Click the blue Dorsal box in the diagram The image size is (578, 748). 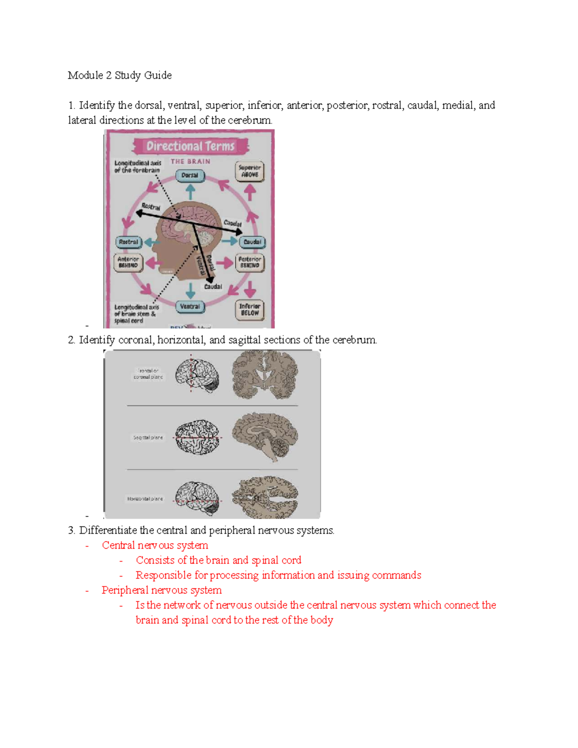point(190,176)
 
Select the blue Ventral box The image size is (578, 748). point(190,307)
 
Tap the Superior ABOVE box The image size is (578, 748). point(250,171)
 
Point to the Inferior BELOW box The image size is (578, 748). point(250,310)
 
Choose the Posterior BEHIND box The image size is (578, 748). point(250,262)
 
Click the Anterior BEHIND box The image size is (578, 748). point(128,262)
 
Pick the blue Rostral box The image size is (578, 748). point(129,242)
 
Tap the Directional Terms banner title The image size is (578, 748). point(190,146)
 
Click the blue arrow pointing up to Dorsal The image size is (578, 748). point(190,192)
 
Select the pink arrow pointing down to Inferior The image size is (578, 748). point(250,289)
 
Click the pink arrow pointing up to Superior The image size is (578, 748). point(250,192)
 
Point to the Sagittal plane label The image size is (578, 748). point(148,438)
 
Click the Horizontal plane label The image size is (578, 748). point(145,499)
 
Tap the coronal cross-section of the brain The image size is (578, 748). point(264,375)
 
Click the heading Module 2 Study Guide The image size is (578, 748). point(119,75)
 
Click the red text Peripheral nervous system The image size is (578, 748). point(161,590)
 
